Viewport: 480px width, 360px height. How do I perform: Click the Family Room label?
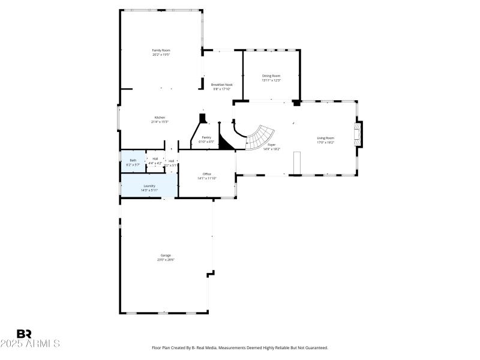coord(161,50)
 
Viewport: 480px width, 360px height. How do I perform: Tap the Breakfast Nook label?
coord(221,85)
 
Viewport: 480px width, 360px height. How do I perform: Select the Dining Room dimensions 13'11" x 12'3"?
coord(271,80)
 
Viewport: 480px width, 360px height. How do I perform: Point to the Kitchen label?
coord(160,117)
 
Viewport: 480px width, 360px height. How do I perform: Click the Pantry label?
coord(206,137)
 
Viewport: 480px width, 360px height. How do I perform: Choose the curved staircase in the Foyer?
coord(260,138)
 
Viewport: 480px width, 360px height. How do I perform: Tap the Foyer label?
coord(272,145)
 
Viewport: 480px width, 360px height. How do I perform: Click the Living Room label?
coord(325,139)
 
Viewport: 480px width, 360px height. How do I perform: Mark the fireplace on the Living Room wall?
coord(358,134)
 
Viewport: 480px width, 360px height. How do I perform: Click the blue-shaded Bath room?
coord(133,161)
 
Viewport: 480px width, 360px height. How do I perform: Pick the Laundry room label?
coord(149,186)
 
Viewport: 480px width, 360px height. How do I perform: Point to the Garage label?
coord(166,256)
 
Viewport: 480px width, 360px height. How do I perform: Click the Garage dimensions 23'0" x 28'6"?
coord(166,260)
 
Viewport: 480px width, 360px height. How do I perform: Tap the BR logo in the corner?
coord(24,334)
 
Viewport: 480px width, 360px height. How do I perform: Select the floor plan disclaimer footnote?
coord(239,347)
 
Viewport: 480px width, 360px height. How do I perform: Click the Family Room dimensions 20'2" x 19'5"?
coord(161,55)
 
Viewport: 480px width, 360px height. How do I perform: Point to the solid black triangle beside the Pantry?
coord(226,143)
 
